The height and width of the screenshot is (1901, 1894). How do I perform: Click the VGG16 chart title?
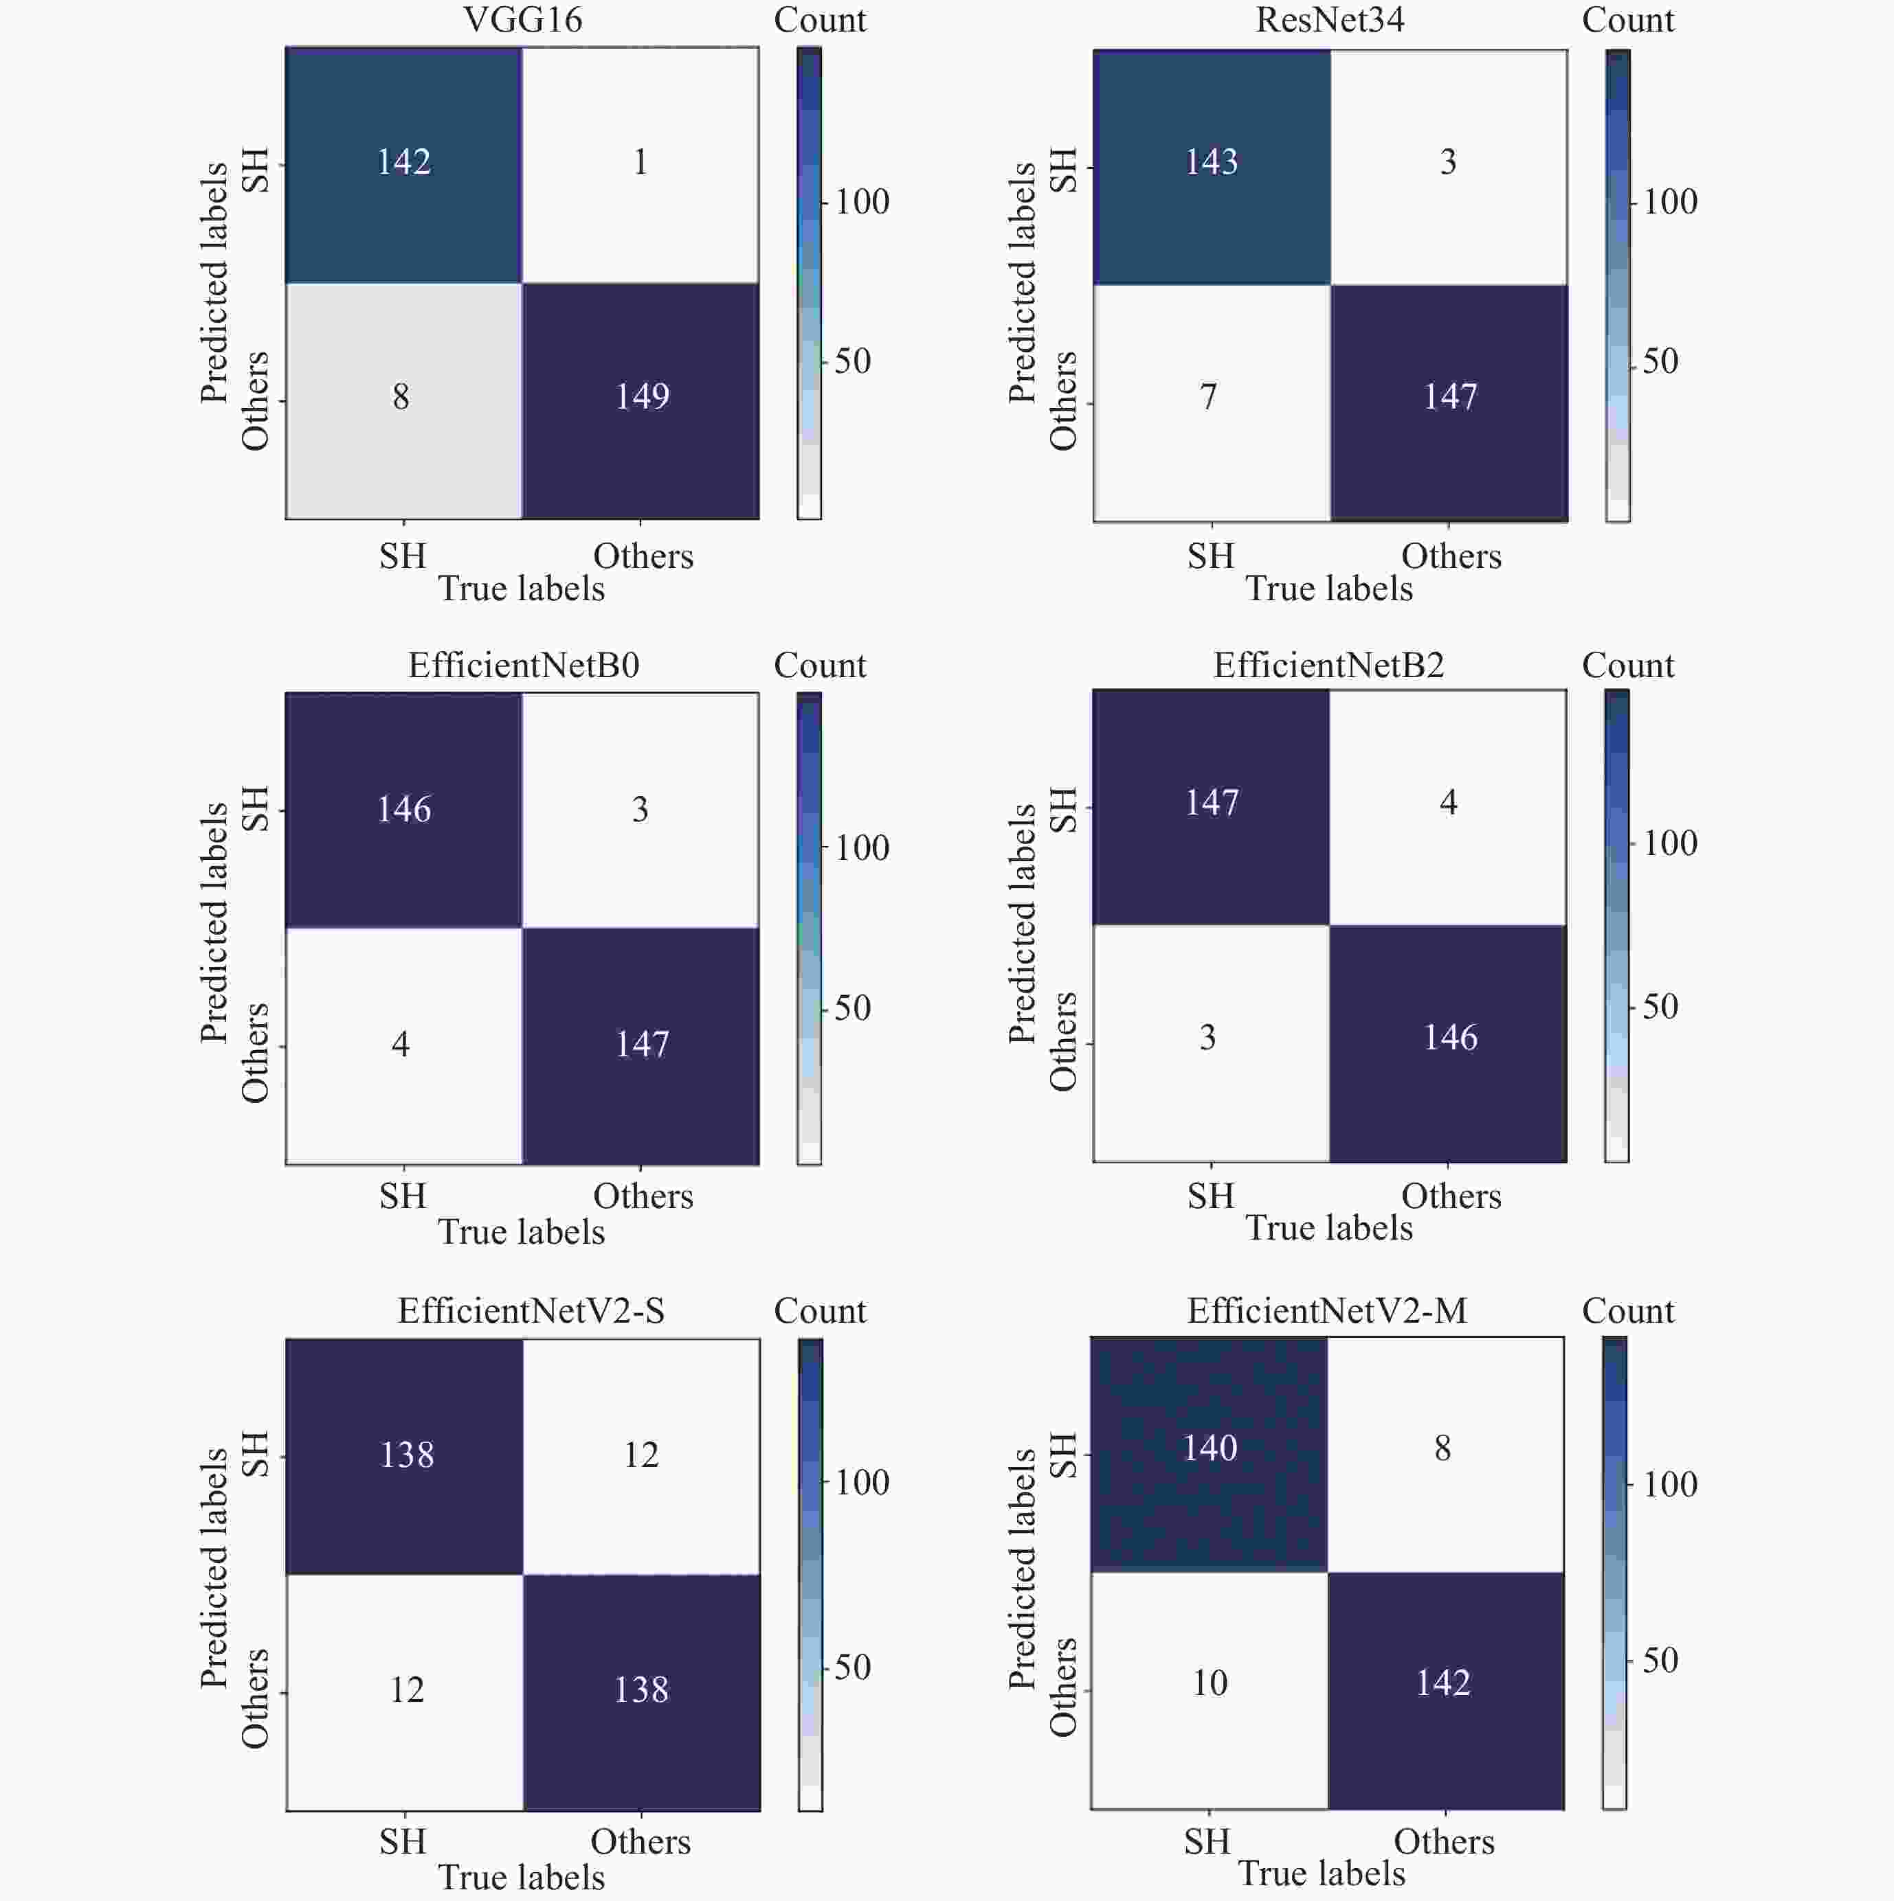523,20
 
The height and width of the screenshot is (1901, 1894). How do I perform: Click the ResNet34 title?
1330,20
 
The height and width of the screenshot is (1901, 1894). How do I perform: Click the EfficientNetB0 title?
523,665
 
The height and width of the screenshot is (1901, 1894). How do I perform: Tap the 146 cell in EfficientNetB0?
403,809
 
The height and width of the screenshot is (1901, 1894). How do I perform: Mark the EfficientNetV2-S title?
531,1310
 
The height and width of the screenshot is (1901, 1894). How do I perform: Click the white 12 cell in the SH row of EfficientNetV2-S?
641,1455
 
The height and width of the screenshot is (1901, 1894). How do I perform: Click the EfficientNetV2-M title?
1327,1310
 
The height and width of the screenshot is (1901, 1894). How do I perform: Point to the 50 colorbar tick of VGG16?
851,361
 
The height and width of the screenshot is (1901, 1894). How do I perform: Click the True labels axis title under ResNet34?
1329,589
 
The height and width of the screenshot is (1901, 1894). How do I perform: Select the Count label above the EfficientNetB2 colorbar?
1627,665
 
